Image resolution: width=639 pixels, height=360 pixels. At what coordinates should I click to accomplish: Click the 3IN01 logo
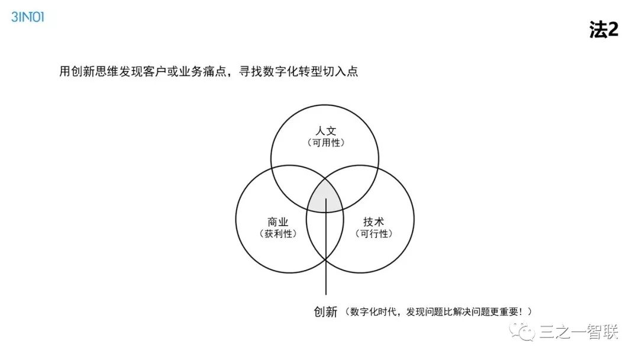point(28,17)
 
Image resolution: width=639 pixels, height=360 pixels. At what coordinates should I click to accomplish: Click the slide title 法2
point(603,30)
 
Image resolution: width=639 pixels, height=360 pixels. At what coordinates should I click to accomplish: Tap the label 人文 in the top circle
point(325,131)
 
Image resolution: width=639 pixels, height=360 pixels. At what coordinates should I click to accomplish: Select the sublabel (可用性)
point(325,143)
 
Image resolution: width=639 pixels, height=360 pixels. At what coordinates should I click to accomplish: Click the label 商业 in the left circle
point(278,222)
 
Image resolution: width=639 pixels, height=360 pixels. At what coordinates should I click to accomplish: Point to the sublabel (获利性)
point(278,234)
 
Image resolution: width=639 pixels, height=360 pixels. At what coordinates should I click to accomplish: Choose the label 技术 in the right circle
point(373,222)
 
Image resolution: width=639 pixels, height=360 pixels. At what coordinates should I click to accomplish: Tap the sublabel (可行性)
point(373,234)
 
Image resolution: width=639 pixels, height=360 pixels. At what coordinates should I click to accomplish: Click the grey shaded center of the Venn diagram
point(325,198)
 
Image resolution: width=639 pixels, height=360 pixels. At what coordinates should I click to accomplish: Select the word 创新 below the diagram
point(325,311)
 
